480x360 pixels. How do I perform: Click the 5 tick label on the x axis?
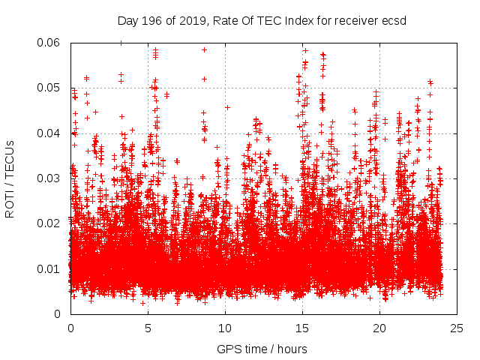tap(148, 328)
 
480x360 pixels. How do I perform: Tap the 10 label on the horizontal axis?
tap(225, 328)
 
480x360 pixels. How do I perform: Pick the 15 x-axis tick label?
tap(302, 328)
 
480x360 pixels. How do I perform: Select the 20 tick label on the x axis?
tap(379, 328)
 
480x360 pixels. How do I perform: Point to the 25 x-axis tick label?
tap(457, 328)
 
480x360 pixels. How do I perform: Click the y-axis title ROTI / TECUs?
tap(10, 178)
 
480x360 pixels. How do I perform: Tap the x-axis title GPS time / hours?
tap(262, 349)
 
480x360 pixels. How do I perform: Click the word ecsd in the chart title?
tap(394, 20)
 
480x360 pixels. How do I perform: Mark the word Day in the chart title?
tap(128, 20)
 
